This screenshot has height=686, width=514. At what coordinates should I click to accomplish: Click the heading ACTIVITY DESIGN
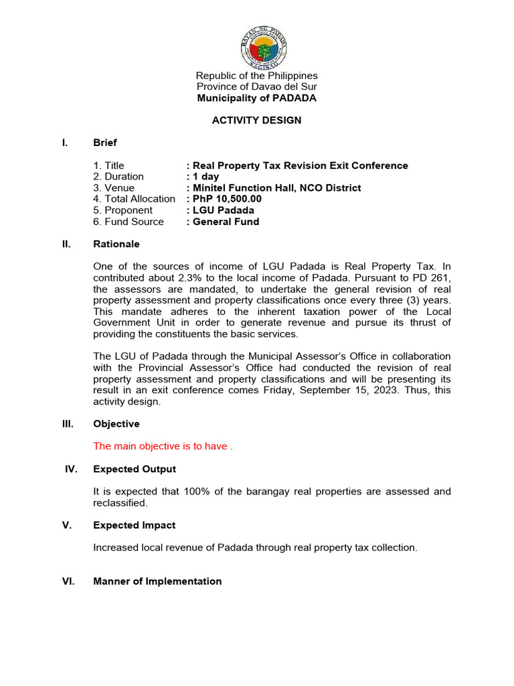tap(257, 121)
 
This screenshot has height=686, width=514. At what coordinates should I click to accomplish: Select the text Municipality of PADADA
tap(257, 98)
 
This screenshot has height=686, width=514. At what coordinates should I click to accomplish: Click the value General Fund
tap(226, 222)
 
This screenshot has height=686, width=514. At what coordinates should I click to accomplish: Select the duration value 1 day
tap(205, 177)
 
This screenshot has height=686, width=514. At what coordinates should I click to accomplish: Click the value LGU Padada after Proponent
tap(223, 210)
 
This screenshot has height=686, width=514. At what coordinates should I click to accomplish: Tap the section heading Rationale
tap(116, 245)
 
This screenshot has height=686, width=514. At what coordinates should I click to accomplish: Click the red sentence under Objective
tap(163, 447)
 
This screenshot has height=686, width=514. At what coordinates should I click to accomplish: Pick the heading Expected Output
tap(135, 469)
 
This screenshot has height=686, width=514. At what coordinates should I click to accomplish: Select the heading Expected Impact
tap(135, 525)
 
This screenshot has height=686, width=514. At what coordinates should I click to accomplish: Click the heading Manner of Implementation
tap(157, 581)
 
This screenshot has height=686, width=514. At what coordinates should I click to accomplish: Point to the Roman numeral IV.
tap(72, 469)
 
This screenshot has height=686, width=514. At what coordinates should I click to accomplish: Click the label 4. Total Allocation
tap(135, 199)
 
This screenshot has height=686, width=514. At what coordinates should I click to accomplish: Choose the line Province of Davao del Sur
tap(257, 87)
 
